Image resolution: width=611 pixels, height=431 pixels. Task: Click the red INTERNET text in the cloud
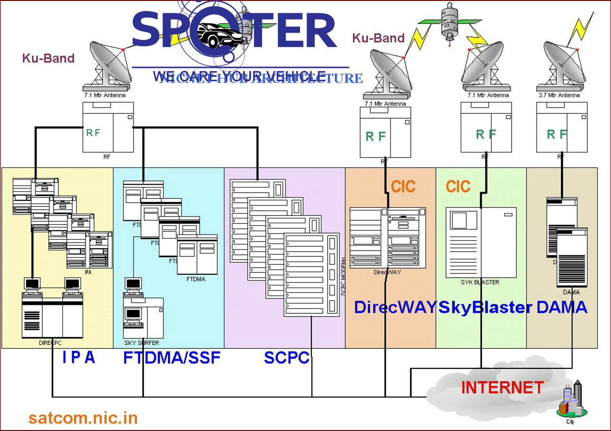coord(502,387)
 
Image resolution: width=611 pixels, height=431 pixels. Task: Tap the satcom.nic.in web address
coord(83,418)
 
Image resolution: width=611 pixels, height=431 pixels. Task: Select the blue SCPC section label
coord(287,357)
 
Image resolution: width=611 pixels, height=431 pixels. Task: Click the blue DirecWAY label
coord(395,307)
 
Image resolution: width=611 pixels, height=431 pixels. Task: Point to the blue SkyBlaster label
coord(485,307)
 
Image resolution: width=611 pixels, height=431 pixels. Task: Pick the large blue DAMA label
coord(562,307)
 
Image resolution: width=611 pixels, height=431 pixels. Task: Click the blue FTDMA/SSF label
coord(172,357)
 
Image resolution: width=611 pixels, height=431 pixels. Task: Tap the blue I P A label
coord(78,357)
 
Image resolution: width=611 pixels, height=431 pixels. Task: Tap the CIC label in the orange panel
coord(403,187)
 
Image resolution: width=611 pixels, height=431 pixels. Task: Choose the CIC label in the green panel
coord(458,187)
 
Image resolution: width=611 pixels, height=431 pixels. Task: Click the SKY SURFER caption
coord(142,343)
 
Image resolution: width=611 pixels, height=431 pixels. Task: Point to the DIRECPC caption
coord(50,343)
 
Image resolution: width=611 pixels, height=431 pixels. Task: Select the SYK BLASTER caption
coord(480,282)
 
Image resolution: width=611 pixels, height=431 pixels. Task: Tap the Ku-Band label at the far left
coord(48,58)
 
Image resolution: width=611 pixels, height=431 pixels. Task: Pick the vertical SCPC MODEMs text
coord(343,277)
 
